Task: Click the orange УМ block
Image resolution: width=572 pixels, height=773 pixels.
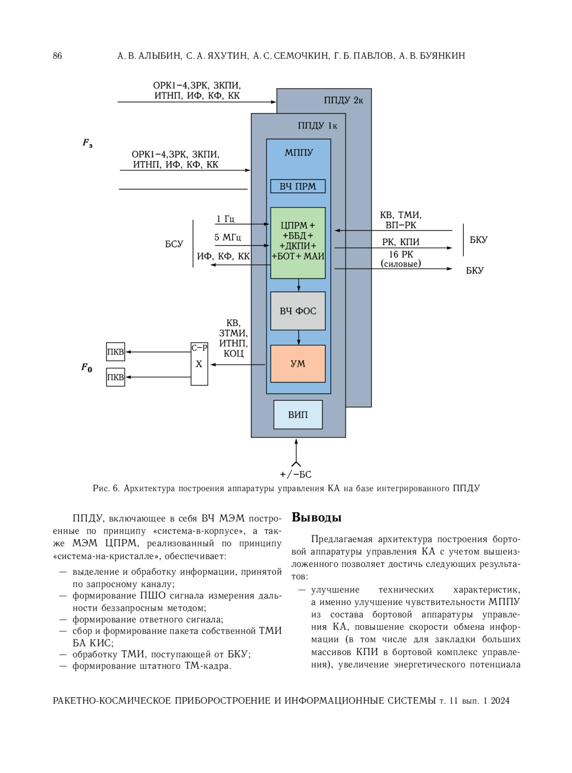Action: click(298, 363)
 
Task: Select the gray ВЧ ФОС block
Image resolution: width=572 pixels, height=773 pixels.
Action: click(298, 311)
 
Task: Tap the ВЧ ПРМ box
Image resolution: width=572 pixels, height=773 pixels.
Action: click(298, 186)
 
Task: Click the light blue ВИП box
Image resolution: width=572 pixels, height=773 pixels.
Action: click(298, 414)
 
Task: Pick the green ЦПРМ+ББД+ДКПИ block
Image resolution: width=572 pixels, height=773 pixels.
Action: click(298, 243)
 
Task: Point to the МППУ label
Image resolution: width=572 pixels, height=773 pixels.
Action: click(298, 153)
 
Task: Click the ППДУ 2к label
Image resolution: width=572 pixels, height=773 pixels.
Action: click(344, 100)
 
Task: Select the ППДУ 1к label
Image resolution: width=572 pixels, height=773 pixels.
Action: click(317, 125)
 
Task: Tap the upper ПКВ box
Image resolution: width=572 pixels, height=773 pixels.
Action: click(116, 351)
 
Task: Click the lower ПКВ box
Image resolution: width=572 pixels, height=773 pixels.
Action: click(116, 377)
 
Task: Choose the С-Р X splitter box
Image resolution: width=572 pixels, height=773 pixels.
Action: click(199, 364)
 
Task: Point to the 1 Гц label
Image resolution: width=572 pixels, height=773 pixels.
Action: click(225, 219)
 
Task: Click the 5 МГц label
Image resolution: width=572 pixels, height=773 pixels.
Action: click(227, 237)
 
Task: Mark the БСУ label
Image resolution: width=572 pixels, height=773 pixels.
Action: click(174, 244)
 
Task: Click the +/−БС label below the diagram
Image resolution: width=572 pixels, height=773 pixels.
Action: click(296, 474)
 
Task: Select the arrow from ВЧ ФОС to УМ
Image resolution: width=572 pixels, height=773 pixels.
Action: click(298, 337)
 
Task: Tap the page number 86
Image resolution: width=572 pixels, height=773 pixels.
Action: click(58, 56)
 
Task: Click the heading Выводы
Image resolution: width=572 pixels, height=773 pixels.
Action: click(317, 517)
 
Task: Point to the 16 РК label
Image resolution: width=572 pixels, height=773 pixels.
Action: click(401, 255)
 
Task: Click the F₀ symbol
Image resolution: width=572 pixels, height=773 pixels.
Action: click(87, 367)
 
